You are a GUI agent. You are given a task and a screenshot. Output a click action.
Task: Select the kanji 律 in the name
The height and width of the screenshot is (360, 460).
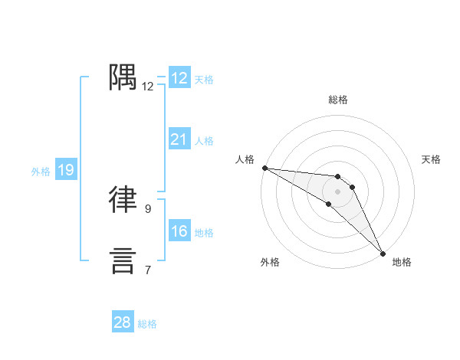pyautogui.click(x=123, y=198)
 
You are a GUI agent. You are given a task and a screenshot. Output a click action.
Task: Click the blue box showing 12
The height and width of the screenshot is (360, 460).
pyautogui.click(x=179, y=78)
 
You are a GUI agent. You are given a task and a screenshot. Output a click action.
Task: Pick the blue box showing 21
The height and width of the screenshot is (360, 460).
pyautogui.click(x=179, y=139)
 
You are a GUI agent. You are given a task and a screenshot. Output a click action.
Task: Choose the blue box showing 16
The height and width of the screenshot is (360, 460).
pyautogui.click(x=179, y=231)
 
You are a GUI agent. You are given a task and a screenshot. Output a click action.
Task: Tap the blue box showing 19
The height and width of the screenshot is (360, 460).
pyautogui.click(x=65, y=170)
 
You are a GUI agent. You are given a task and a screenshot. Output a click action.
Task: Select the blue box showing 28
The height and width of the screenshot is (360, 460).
pyautogui.click(x=122, y=322)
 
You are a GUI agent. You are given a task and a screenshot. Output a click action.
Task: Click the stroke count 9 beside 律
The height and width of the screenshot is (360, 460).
pyautogui.click(x=148, y=208)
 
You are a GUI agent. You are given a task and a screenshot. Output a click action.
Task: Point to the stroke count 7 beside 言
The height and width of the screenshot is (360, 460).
pyautogui.click(x=148, y=270)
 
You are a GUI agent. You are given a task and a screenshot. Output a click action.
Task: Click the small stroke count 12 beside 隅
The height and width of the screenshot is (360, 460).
pyautogui.click(x=148, y=87)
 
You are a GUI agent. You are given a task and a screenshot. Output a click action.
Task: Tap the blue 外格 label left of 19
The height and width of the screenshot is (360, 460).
pyautogui.click(x=41, y=172)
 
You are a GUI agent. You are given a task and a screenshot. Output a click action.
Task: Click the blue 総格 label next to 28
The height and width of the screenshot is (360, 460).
pyautogui.click(x=147, y=324)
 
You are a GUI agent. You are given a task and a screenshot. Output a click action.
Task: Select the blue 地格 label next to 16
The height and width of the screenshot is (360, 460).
pyautogui.click(x=204, y=233)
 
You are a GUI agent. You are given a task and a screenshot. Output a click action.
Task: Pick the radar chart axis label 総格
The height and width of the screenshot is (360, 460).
pyautogui.click(x=338, y=100)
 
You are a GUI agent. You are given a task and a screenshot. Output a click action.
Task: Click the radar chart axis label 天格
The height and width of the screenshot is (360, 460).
pyautogui.click(x=432, y=159)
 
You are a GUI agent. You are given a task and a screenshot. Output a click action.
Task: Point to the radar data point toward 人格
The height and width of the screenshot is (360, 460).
pyautogui.click(x=264, y=168)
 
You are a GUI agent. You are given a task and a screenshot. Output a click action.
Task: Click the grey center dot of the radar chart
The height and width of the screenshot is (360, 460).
pyautogui.click(x=338, y=191)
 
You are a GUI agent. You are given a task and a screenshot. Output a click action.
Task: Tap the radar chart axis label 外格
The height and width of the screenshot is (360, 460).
pyautogui.click(x=270, y=262)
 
